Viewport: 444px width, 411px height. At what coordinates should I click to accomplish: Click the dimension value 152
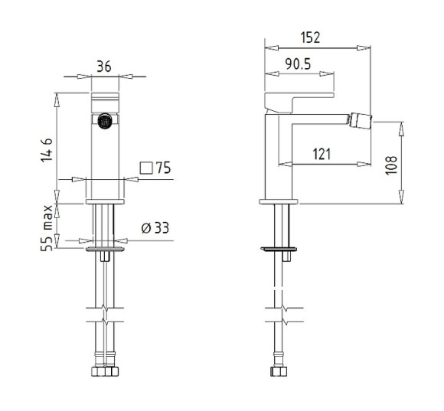(310, 38)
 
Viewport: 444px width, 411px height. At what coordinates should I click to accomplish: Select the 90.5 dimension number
(298, 64)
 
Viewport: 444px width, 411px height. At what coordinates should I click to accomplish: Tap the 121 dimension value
(322, 155)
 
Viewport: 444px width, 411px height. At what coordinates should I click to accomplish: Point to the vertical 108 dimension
(391, 165)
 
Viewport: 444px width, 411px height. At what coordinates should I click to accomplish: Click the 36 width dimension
(104, 67)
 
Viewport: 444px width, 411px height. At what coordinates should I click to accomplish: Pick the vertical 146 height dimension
(47, 150)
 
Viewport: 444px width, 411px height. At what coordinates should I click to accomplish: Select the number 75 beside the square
(164, 168)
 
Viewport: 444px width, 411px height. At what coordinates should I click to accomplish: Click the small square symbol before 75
(146, 168)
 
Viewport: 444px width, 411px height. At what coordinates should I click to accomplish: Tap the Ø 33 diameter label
(155, 228)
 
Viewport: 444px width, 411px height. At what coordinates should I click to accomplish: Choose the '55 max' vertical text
(47, 228)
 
